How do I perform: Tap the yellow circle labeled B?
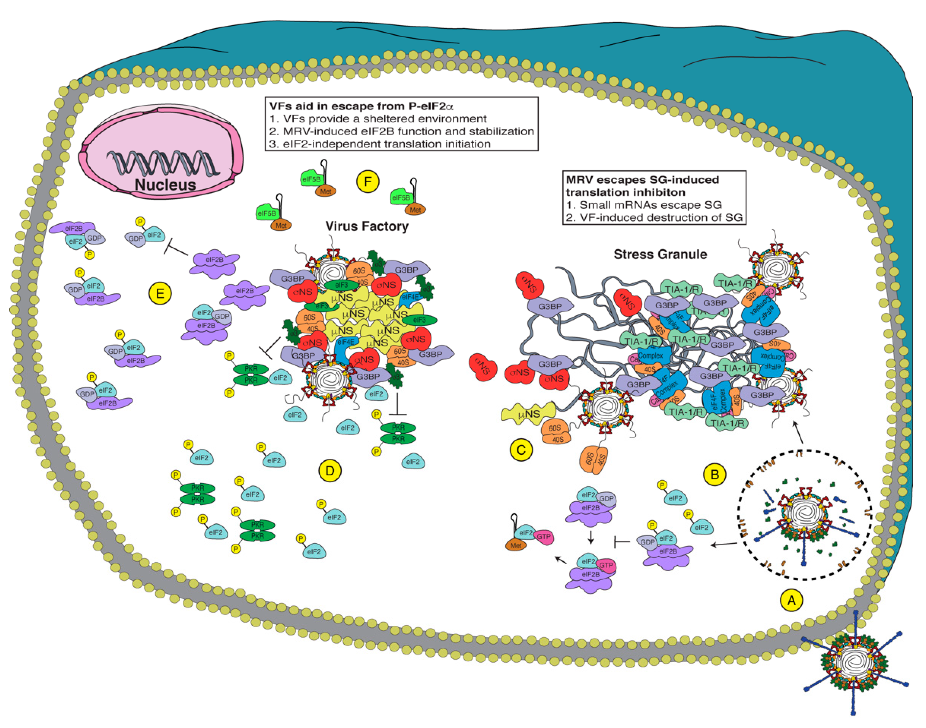[x=715, y=474]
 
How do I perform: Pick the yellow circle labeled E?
[x=160, y=293]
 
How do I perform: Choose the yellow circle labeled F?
[x=368, y=182]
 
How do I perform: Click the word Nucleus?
[x=165, y=185]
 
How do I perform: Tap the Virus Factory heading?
[x=367, y=226]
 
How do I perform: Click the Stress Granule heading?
[x=660, y=255]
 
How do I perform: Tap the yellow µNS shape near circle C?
[x=528, y=413]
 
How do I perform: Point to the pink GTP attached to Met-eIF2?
[x=544, y=537]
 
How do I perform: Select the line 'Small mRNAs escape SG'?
[x=644, y=205]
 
